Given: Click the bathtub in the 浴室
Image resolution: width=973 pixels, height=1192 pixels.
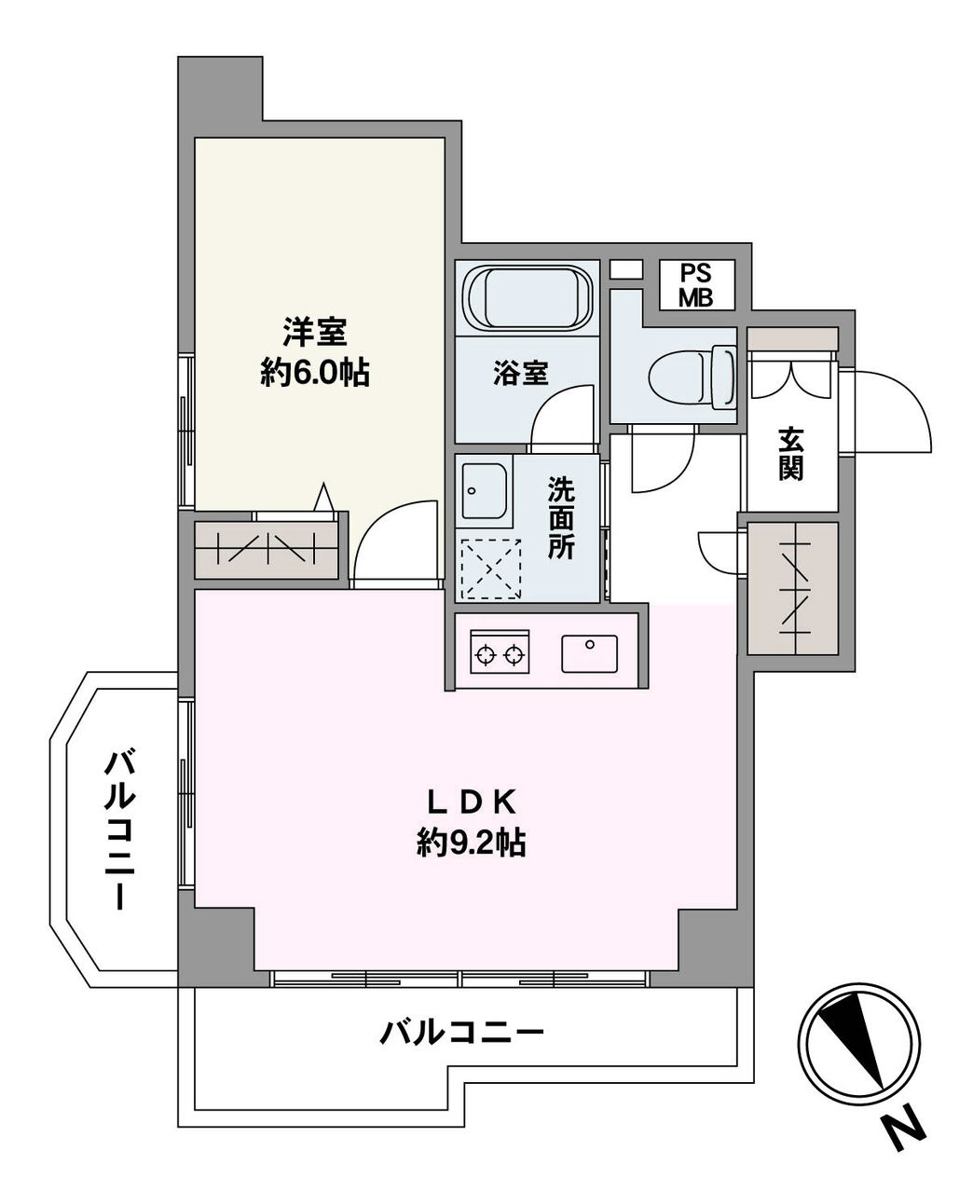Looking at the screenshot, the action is (x=528, y=298).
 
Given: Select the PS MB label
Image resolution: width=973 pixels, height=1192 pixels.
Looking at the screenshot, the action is (x=695, y=286).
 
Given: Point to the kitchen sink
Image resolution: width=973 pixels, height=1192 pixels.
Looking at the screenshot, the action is (x=589, y=654).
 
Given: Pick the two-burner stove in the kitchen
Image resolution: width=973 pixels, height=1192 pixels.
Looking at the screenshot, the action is (x=500, y=651).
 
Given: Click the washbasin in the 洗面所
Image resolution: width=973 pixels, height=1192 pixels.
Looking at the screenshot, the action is (x=484, y=491).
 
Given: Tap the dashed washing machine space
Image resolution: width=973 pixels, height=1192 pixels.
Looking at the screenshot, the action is (x=491, y=569).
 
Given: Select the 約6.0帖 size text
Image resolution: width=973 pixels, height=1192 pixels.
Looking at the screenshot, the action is (x=315, y=373).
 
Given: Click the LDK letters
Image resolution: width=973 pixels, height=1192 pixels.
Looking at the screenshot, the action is (x=471, y=802).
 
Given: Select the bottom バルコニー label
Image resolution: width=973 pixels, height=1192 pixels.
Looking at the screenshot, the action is (x=461, y=1034).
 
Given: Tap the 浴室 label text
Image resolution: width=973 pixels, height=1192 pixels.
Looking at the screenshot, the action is (x=521, y=373).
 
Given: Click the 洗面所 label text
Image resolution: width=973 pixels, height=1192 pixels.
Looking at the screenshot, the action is (x=561, y=518).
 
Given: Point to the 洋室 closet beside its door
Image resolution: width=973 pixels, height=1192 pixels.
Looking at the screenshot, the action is (x=267, y=549).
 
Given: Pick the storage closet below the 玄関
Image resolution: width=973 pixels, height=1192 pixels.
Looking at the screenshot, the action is (x=792, y=588).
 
